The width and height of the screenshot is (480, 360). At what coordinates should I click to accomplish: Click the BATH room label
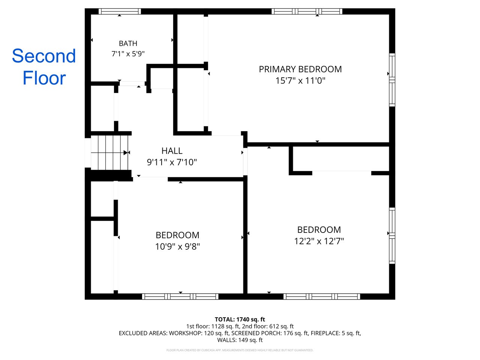(128, 43)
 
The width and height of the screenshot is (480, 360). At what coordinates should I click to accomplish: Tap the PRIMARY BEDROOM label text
(300, 69)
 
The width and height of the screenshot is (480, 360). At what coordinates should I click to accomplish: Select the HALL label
(172, 151)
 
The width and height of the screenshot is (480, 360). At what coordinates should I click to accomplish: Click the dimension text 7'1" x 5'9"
(128, 54)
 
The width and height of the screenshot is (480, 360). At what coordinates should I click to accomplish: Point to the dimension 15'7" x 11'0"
(300, 81)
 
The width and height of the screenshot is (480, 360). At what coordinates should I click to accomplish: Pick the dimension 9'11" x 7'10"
(172, 162)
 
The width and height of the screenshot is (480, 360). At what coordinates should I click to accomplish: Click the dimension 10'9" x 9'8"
(177, 246)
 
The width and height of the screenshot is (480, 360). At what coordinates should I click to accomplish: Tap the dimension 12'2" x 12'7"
(319, 241)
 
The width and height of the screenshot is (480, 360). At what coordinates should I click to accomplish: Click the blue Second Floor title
(44, 67)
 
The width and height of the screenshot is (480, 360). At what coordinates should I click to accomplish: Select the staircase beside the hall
(109, 152)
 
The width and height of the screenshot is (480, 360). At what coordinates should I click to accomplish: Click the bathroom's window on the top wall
(119, 11)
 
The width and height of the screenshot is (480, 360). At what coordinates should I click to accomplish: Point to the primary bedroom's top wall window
(307, 11)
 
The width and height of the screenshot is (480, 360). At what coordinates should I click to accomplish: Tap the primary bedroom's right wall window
(392, 80)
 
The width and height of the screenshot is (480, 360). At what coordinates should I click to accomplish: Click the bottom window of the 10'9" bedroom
(180, 296)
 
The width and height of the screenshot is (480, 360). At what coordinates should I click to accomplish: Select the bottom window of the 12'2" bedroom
(322, 296)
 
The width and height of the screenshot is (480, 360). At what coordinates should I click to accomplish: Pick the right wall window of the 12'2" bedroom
(392, 235)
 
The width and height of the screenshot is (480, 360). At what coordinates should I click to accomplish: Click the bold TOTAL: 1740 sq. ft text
(240, 319)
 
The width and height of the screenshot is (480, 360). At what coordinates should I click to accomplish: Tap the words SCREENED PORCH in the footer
(256, 333)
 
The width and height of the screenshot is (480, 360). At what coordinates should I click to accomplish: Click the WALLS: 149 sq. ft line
(240, 340)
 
